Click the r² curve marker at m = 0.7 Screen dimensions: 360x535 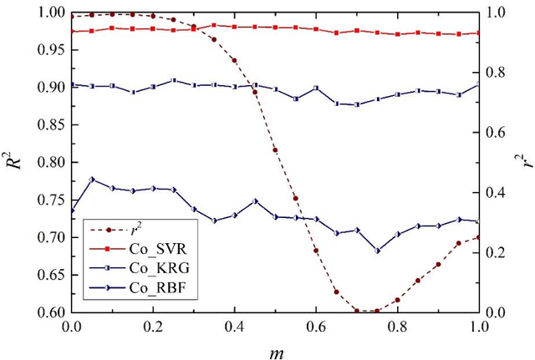357,311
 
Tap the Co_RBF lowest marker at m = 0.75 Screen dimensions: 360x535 377,251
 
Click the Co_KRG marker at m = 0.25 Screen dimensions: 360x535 174,81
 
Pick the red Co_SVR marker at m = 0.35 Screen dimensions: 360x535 214,26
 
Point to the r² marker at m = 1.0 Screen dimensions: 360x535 479,237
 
